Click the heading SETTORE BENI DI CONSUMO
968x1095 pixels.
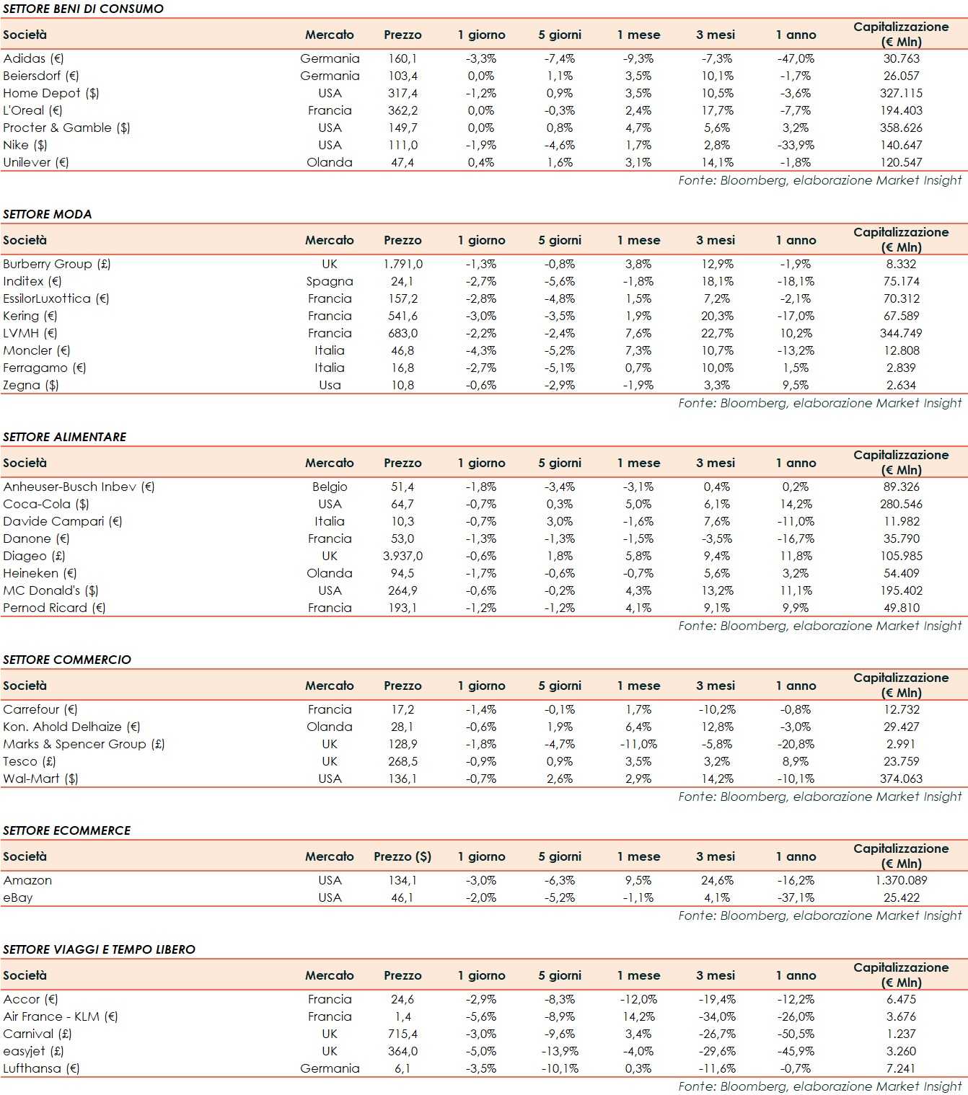(x=83, y=9)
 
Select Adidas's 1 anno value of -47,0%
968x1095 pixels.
(x=796, y=58)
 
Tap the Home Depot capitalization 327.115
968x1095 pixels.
(x=901, y=93)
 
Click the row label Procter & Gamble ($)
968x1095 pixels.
(x=66, y=128)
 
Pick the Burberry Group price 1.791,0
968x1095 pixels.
(x=402, y=264)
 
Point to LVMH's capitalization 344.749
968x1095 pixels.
(x=901, y=333)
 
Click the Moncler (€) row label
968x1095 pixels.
(x=37, y=350)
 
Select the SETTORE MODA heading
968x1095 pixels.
(x=48, y=214)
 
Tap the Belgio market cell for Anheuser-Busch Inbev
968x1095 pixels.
(x=330, y=487)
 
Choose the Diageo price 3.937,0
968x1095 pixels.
(x=402, y=556)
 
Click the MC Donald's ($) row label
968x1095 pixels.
(x=50, y=590)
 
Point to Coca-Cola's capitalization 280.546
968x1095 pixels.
(x=901, y=504)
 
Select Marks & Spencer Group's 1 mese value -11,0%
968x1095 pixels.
(x=638, y=744)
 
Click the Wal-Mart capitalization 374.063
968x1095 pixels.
(x=901, y=779)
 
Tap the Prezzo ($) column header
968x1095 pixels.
(x=402, y=856)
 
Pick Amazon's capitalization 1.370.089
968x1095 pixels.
(x=901, y=880)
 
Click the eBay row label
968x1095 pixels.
(x=18, y=897)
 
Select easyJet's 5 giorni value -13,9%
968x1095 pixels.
(x=560, y=1051)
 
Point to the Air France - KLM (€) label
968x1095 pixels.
(x=61, y=1016)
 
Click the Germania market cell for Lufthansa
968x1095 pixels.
(x=330, y=1068)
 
